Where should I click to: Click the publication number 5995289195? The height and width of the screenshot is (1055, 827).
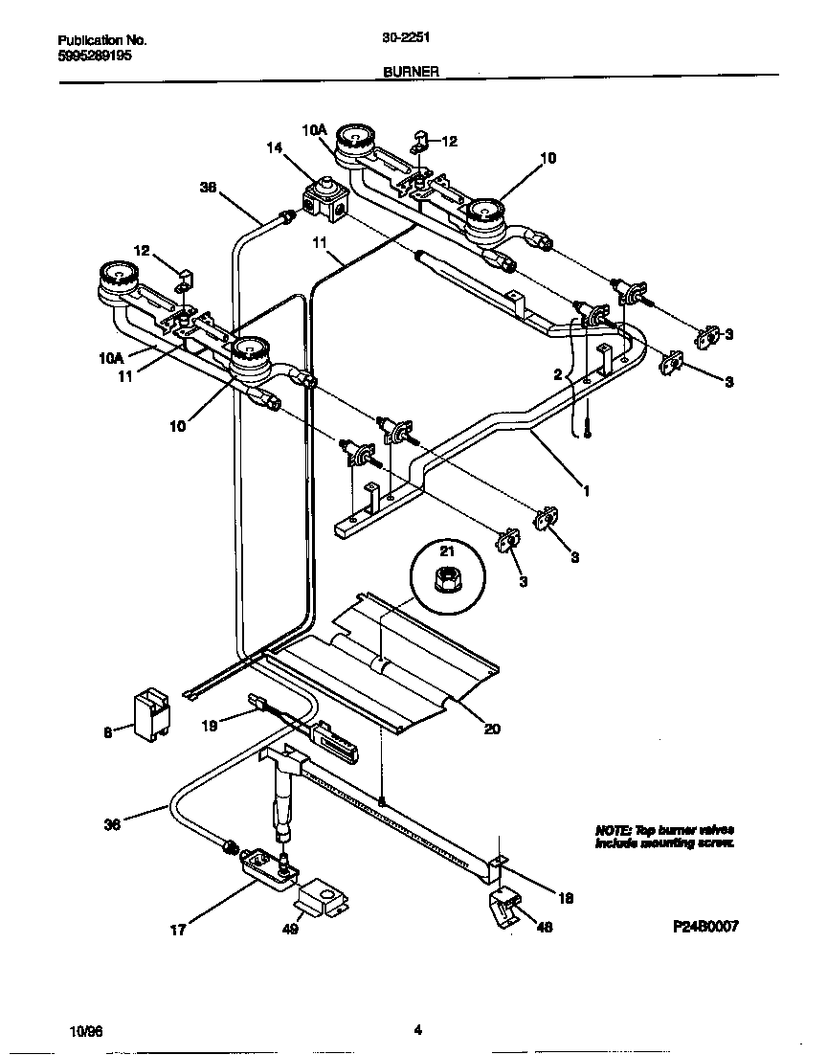tap(95, 56)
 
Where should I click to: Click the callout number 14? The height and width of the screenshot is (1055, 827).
tap(275, 148)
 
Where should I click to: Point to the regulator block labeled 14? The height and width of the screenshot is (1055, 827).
tap(324, 198)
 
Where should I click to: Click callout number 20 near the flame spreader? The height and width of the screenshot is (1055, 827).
tap(491, 729)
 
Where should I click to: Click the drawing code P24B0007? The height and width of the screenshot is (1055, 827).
tap(704, 926)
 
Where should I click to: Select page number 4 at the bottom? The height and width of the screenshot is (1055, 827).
tap(417, 1030)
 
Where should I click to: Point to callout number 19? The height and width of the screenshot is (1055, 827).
tap(210, 726)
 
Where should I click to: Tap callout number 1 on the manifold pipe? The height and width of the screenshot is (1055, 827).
tap(587, 489)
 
